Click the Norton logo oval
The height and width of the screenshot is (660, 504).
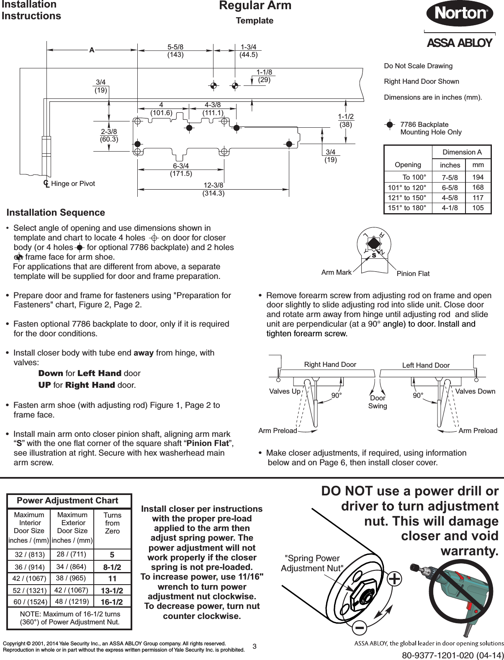coord(459,13)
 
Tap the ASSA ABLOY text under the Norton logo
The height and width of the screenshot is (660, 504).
coord(459,43)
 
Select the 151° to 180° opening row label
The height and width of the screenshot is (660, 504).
coord(407,208)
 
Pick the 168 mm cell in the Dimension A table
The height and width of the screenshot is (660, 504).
coord(478,187)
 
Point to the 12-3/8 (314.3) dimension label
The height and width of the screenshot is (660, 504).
coord(213,189)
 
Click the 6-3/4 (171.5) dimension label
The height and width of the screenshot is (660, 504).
coord(181,170)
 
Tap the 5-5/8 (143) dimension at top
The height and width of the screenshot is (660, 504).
coord(175,50)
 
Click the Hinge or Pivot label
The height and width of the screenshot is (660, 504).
coord(73,183)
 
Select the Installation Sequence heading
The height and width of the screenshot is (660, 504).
coord(56,213)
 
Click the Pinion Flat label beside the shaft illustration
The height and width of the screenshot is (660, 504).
coord(412,274)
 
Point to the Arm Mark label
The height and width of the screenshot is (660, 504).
coord(336,273)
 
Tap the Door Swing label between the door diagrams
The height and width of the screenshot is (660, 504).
coord(378,402)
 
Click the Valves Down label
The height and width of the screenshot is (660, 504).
coord(475,391)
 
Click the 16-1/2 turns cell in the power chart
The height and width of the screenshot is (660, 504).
coord(112,602)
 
